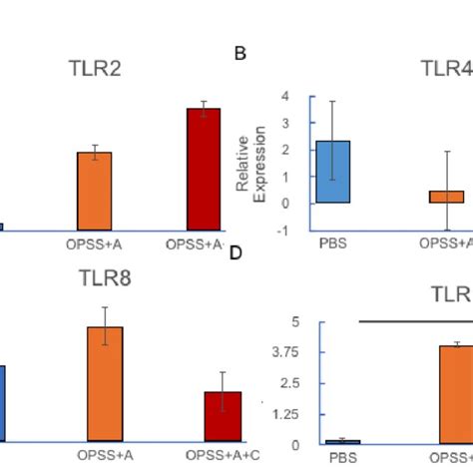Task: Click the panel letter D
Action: pyautogui.click(x=236, y=252)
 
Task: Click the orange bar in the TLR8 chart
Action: pyautogui.click(x=105, y=383)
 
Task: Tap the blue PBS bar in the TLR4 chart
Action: pyautogui.click(x=332, y=172)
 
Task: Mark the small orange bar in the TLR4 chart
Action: pyautogui.click(x=446, y=197)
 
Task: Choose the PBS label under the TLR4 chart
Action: pyautogui.click(x=332, y=242)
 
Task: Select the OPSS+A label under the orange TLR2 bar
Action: pyautogui.click(x=96, y=243)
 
